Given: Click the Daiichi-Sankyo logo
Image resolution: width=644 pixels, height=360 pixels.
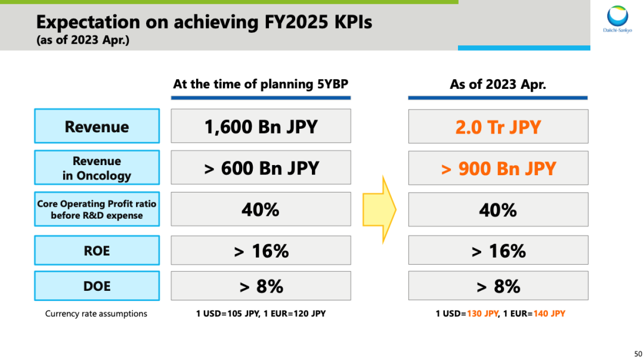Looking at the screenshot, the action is (x=617, y=19).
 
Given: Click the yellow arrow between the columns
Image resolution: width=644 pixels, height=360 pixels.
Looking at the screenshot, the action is (x=379, y=209).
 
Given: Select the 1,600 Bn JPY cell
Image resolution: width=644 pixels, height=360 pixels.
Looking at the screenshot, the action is (x=261, y=126).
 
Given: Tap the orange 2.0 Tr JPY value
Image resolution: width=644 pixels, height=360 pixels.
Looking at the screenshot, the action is (x=498, y=127).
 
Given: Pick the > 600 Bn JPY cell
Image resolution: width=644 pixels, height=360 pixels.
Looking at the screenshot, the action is (x=261, y=167).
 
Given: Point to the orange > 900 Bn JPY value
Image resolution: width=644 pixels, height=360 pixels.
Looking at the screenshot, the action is (x=498, y=169).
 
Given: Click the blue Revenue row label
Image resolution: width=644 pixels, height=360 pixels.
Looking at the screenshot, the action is (x=97, y=126).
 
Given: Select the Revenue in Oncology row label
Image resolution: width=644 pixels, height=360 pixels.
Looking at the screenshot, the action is (x=97, y=167).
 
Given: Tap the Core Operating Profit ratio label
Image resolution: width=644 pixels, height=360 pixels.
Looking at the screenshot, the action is (x=97, y=209).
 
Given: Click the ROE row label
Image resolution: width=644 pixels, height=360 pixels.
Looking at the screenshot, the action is (x=97, y=250).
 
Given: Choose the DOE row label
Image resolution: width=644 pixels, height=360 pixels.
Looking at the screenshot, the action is (x=97, y=285).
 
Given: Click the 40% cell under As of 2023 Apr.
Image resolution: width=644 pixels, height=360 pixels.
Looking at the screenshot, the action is (x=498, y=209).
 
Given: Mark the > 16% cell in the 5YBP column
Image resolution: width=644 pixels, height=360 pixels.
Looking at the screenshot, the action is (x=261, y=250).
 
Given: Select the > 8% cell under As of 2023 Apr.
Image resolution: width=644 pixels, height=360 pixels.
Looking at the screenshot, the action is (x=498, y=285).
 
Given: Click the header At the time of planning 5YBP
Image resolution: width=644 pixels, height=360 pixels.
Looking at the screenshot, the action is (x=261, y=84).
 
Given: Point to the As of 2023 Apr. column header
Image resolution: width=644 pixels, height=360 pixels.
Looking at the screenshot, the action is (x=498, y=84).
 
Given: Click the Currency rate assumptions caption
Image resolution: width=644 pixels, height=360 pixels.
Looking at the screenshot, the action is (x=96, y=314).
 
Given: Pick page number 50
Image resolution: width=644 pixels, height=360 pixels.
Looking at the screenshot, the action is (x=638, y=354).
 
